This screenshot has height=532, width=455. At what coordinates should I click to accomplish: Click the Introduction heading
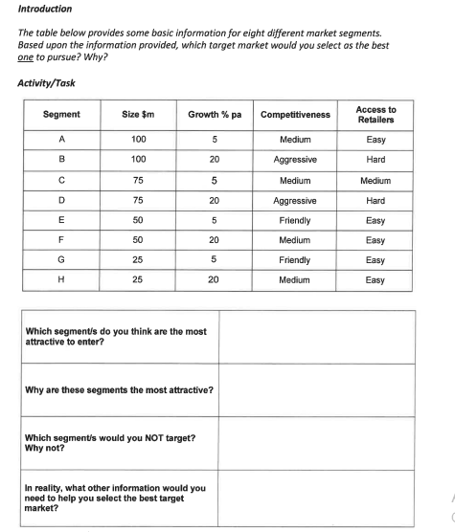(45, 9)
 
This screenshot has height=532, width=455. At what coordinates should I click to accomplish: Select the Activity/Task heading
(46, 82)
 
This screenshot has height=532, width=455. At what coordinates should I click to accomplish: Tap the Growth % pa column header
(214, 115)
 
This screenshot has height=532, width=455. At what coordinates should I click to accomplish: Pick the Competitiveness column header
(294, 115)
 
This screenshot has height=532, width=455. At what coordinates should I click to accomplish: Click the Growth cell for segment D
(214, 200)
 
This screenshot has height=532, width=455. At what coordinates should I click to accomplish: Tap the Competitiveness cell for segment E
(294, 220)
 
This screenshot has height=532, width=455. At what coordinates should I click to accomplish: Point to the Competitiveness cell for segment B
(294, 159)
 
